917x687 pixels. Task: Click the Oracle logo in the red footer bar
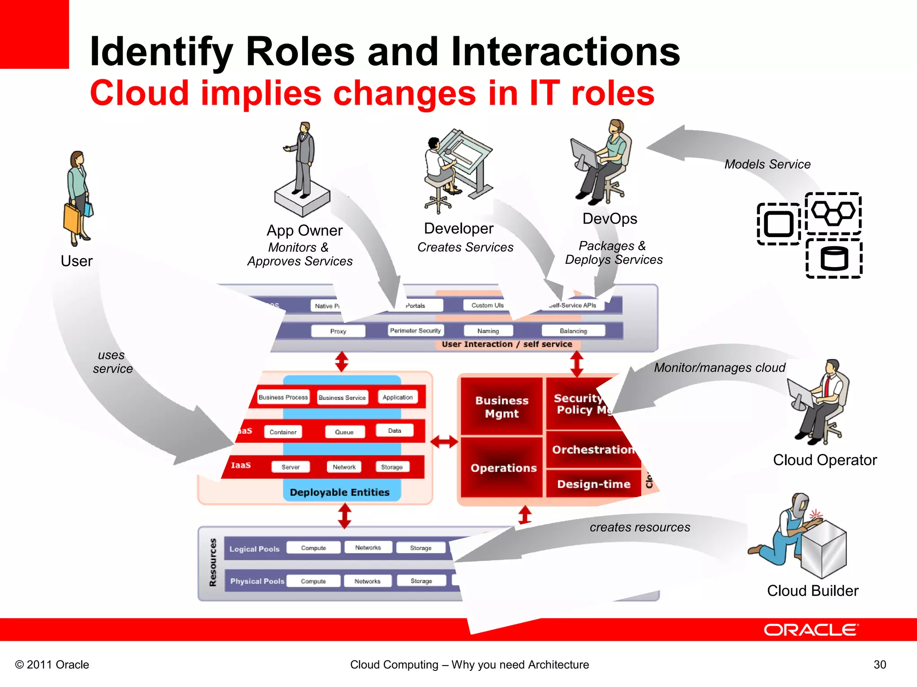[x=811, y=630]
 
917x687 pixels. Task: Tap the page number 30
[x=879, y=665]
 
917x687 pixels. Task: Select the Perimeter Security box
[x=416, y=331]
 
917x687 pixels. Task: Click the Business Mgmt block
[x=501, y=407]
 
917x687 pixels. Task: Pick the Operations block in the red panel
[x=503, y=468]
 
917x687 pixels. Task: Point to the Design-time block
[x=594, y=484]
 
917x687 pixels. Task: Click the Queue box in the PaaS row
[x=344, y=432]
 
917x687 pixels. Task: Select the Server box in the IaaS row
[x=291, y=467]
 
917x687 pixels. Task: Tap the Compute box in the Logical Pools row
[x=313, y=548]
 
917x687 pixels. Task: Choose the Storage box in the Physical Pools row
[x=421, y=581]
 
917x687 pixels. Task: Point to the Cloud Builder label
[x=812, y=591]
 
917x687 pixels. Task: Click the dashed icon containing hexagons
[x=833, y=213]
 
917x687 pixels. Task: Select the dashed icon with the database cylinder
[x=834, y=259]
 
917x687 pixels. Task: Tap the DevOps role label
[x=609, y=219]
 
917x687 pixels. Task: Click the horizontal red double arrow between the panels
[x=444, y=442]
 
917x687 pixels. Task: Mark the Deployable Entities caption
[x=339, y=492]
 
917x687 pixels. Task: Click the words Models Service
[x=767, y=164]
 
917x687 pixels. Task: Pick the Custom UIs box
[x=487, y=305]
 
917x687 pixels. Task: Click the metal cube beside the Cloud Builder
[x=823, y=548]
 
